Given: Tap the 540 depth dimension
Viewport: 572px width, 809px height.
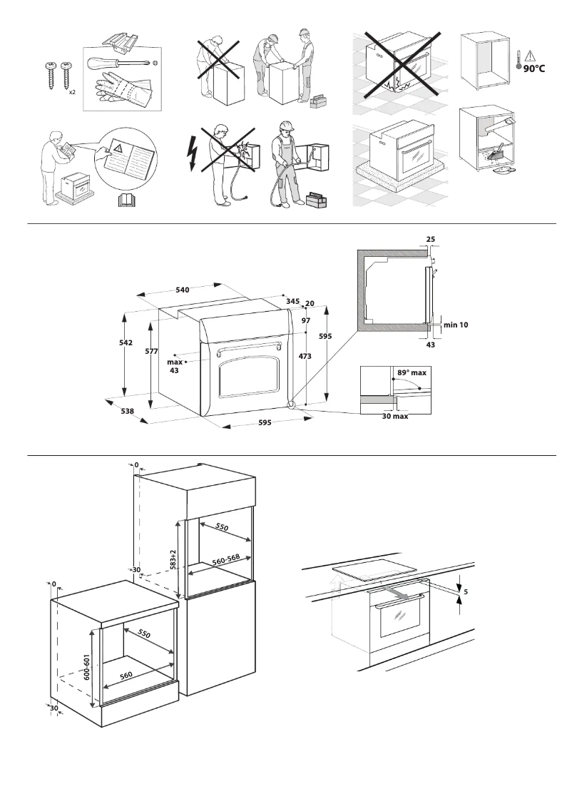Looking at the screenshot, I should click(x=182, y=290).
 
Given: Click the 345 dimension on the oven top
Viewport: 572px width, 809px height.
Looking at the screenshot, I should click(x=292, y=302).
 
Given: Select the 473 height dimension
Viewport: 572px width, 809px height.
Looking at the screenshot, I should click(x=305, y=356).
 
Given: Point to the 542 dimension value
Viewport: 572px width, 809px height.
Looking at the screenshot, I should click(x=126, y=343).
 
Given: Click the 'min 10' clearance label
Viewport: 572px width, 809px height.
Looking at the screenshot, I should click(x=456, y=325).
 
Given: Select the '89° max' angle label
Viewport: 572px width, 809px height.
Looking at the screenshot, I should click(x=412, y=373).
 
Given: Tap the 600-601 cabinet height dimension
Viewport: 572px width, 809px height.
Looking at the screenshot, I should click(x=87, y=669).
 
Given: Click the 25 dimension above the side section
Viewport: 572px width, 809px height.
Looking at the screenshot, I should click(x=431, y=240).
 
